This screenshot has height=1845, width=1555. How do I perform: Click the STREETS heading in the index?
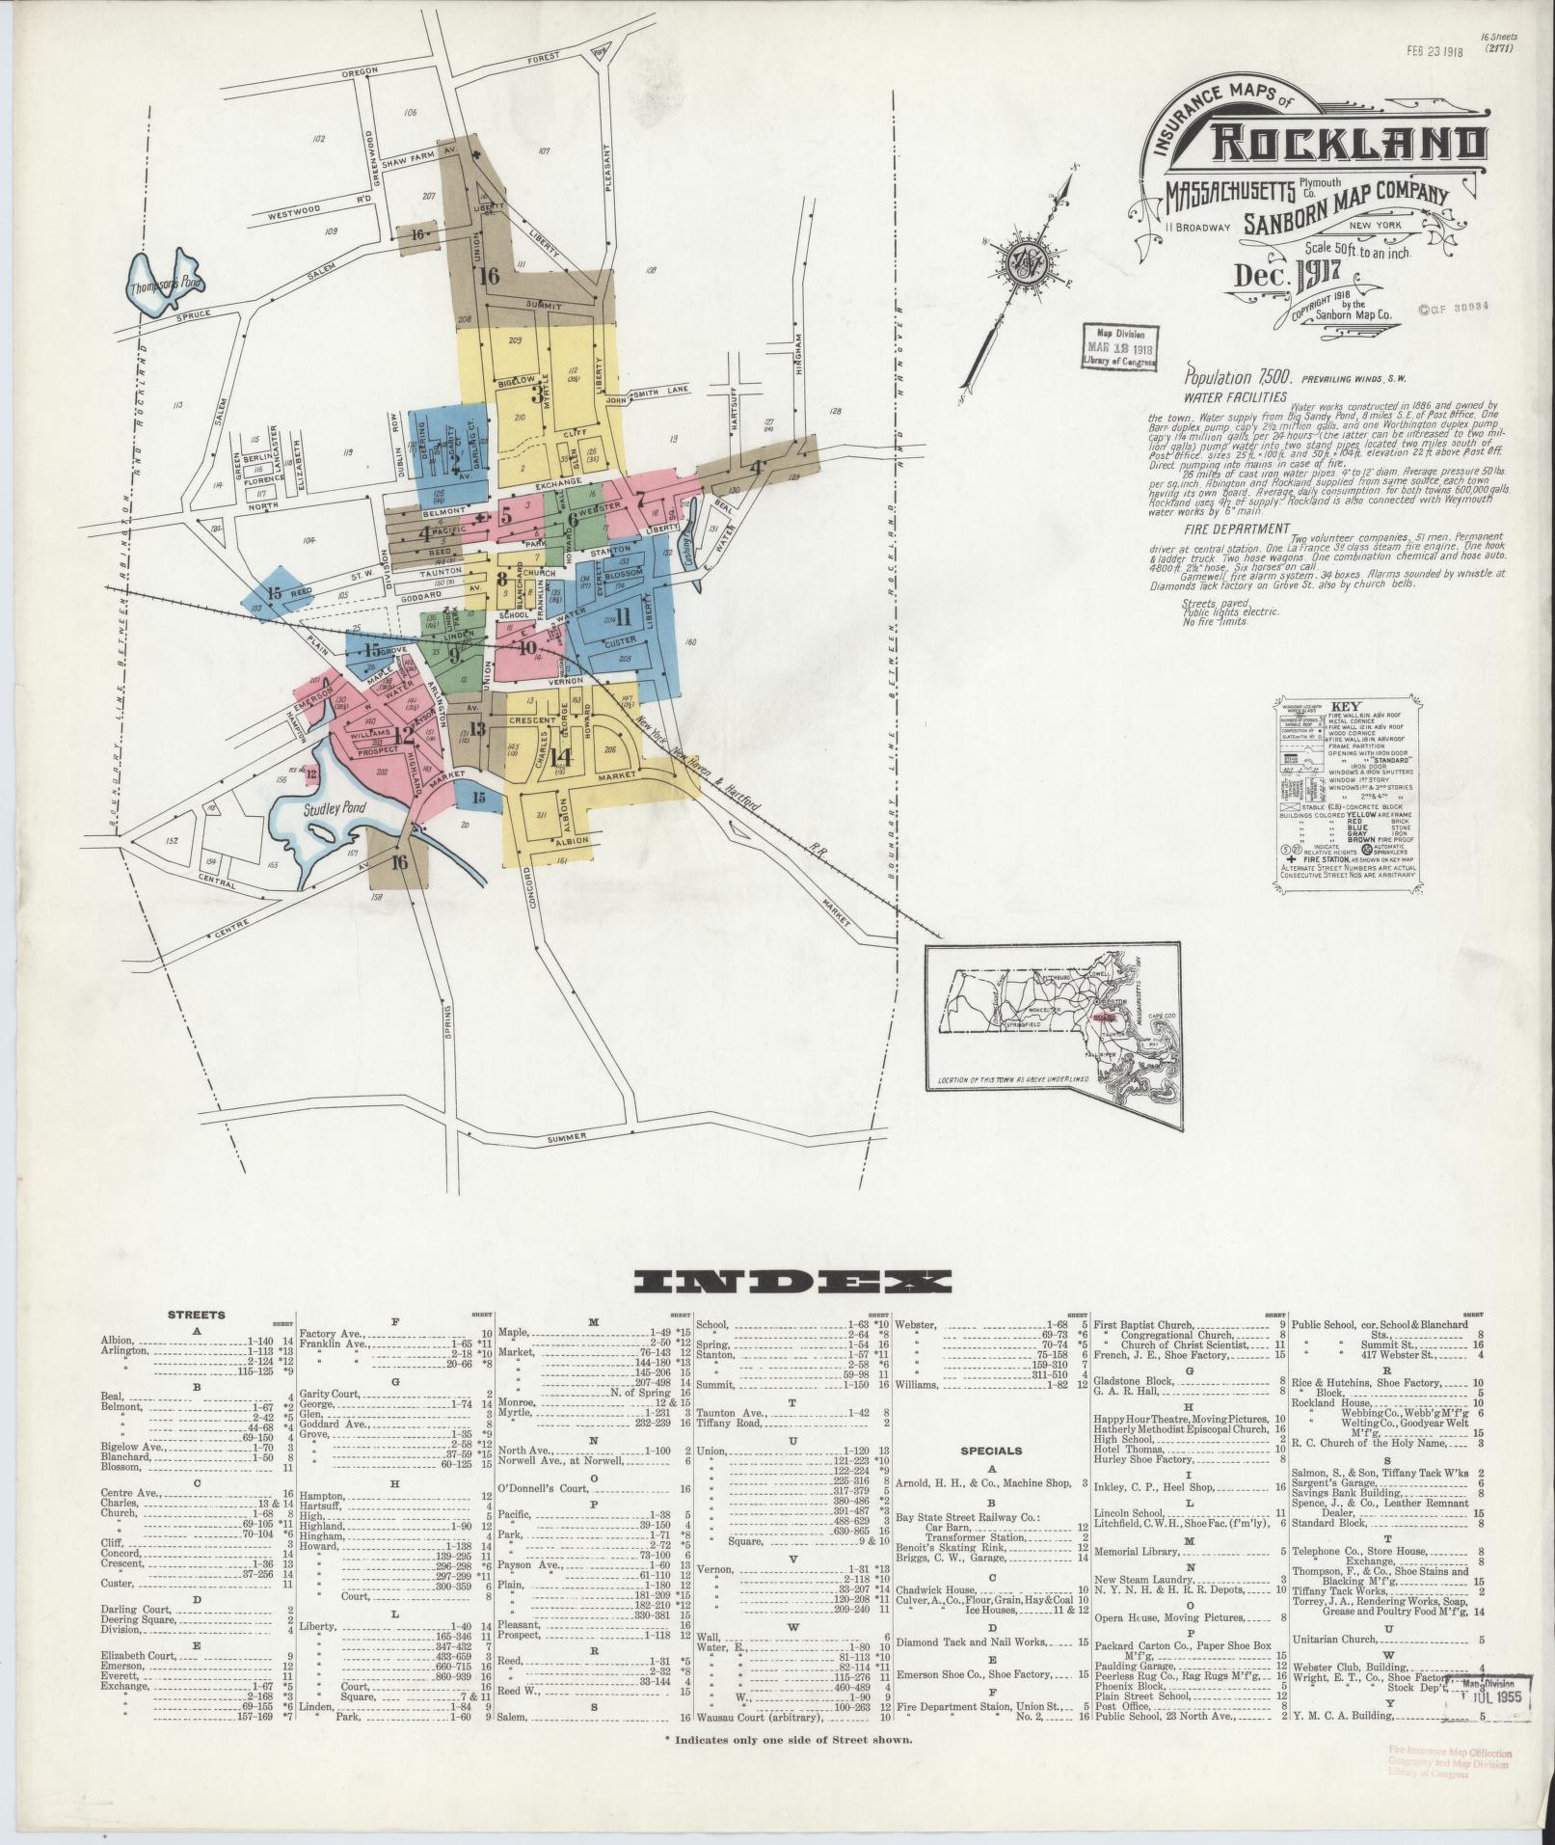(x=197, y=1315)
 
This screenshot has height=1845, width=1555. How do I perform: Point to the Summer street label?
(x=567, y=1138)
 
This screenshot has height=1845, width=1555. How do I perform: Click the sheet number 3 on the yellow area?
(x=537, y=394)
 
